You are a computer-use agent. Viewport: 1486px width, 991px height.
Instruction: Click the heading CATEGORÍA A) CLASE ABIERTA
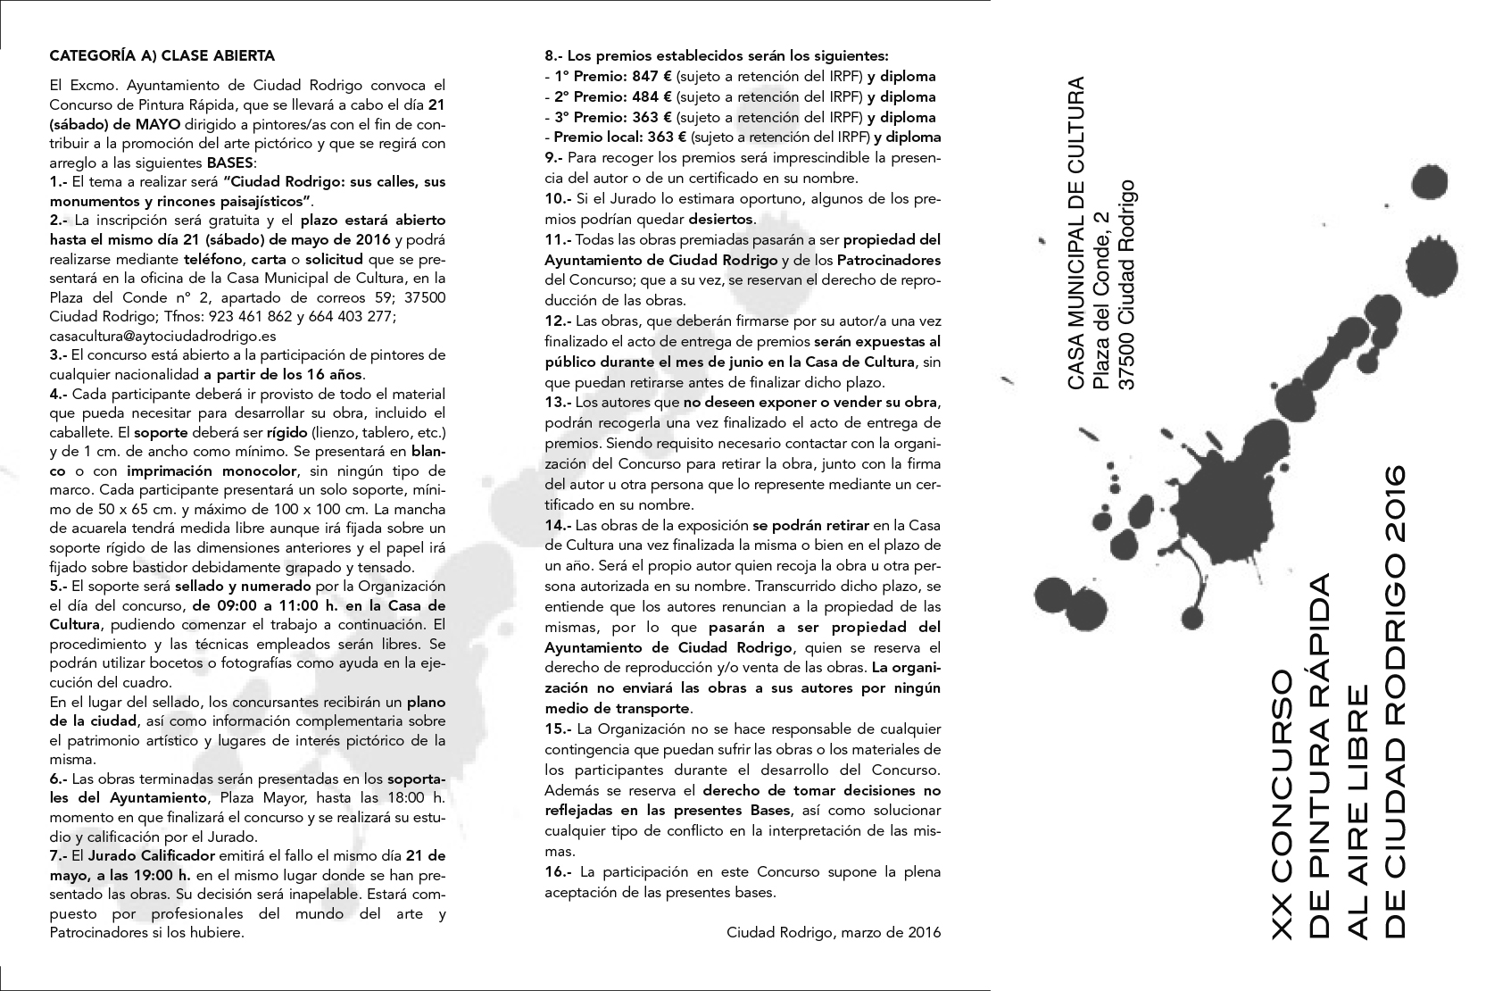pos(162,55)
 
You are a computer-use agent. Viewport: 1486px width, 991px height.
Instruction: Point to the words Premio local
pos(594,137)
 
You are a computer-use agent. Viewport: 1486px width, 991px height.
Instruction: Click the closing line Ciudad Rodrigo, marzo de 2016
pos(834,933)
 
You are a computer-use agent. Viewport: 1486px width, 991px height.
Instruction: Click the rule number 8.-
pos(554,55)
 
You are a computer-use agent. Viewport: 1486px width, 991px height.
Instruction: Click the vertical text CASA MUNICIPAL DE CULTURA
pos(1077,234)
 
